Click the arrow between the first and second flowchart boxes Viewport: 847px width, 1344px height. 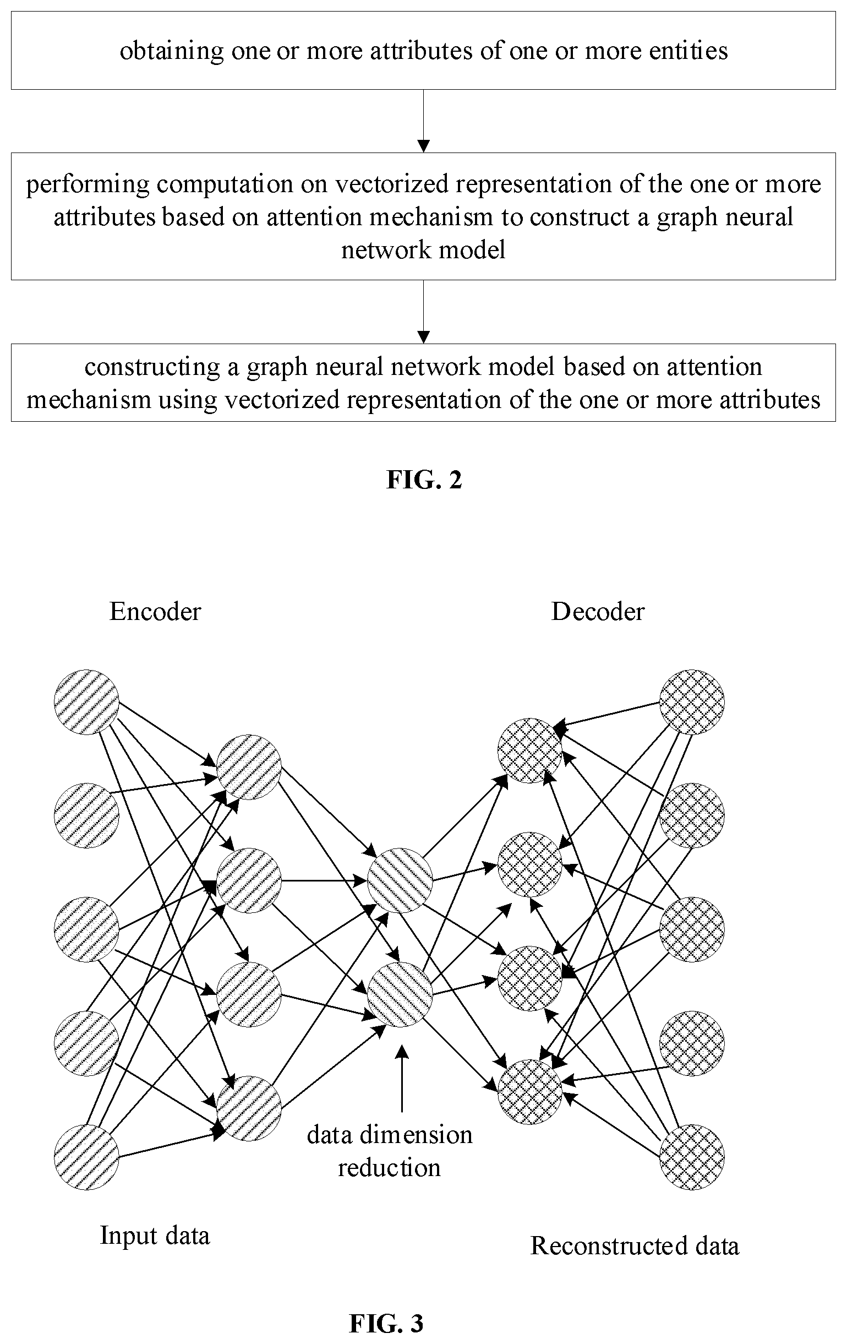[424, 121]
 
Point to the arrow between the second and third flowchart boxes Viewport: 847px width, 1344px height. [424, 312]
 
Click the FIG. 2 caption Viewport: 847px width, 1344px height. [424, 480]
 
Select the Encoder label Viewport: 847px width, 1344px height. [155, 612]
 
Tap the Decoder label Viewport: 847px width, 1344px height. [598, 612]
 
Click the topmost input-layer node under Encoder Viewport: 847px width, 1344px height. [86, 702]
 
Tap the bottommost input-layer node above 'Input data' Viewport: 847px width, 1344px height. [86, 1157]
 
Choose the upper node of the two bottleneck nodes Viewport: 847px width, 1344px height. [400, 882]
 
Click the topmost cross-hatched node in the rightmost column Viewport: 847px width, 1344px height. [692, 702]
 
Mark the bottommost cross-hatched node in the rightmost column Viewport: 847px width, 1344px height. [692, 1157]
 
